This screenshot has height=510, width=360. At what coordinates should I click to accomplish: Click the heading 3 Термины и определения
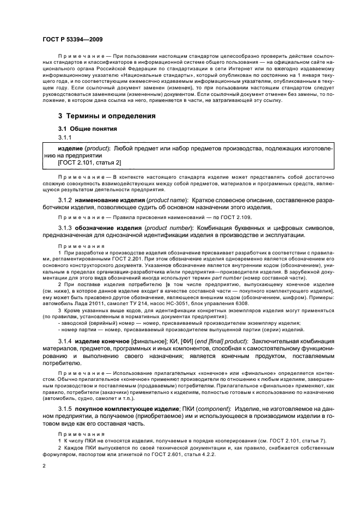pos(107,116)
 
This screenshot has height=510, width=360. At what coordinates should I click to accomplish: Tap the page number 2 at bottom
pos(45,466)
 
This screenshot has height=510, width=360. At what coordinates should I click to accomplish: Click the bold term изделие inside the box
pos(70,148)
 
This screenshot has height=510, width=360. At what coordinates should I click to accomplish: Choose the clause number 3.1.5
pos(65,409)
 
